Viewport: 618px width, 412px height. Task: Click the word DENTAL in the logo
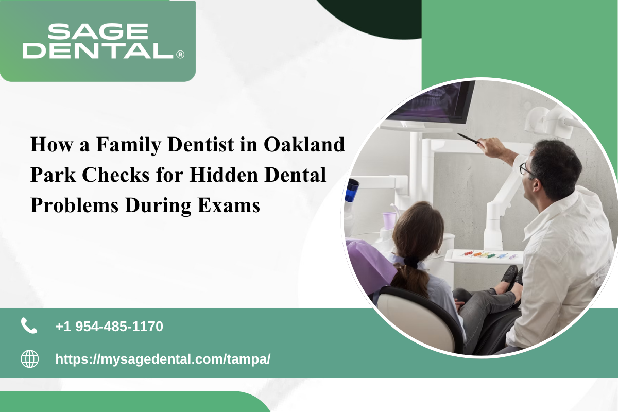click(98, 50)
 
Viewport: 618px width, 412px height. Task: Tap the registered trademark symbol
click(180, 55)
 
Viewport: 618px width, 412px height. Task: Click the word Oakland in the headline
click(304, 144)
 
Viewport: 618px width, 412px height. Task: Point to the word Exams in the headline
click(229, 205)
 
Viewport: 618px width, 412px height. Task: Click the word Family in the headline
click(129, 145)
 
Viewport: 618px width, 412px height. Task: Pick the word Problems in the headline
click(75, 205)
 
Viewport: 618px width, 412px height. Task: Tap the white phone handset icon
click(29, 325)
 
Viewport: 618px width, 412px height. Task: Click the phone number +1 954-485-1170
click(109, 326)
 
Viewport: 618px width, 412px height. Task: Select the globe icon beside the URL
click(30, 359)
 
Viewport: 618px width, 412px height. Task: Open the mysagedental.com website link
click(163, 359)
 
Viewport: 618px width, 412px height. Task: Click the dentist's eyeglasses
click(526, 168)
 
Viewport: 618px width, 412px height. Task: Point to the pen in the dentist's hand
click(468, 139)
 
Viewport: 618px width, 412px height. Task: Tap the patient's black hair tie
click(411, 262)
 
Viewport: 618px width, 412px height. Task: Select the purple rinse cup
click(389, 220)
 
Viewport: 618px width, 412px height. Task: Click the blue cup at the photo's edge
click(352, 191)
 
